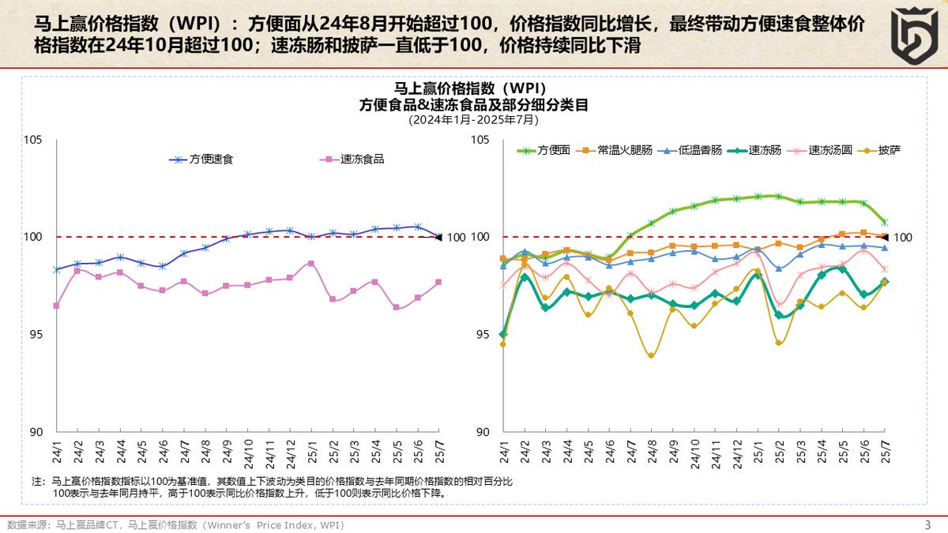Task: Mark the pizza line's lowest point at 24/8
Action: coord(651,355)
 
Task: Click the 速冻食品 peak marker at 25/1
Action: coord(311,263)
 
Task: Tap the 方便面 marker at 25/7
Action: coord(884,223)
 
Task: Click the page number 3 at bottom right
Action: coord(927,524)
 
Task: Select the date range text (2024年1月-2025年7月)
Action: coord(474,120)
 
